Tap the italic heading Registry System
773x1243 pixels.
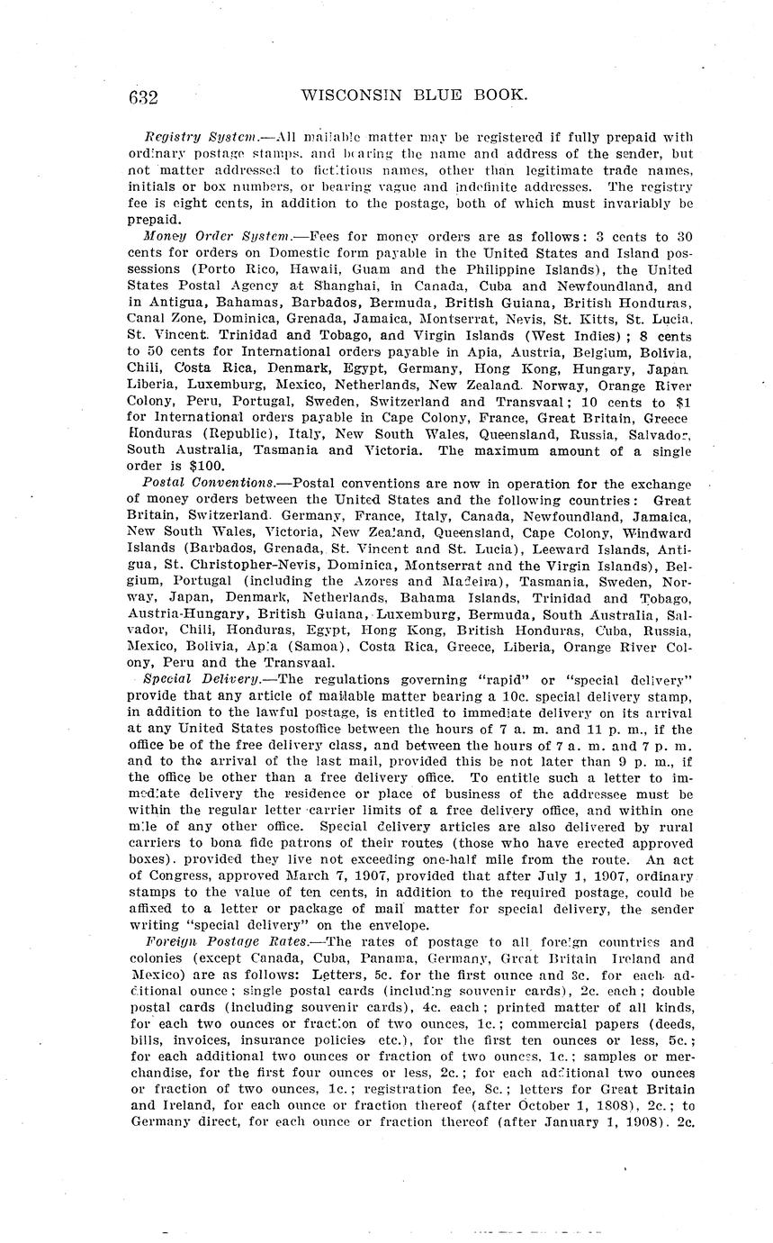point(192,137)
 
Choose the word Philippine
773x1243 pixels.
point(510,269)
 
